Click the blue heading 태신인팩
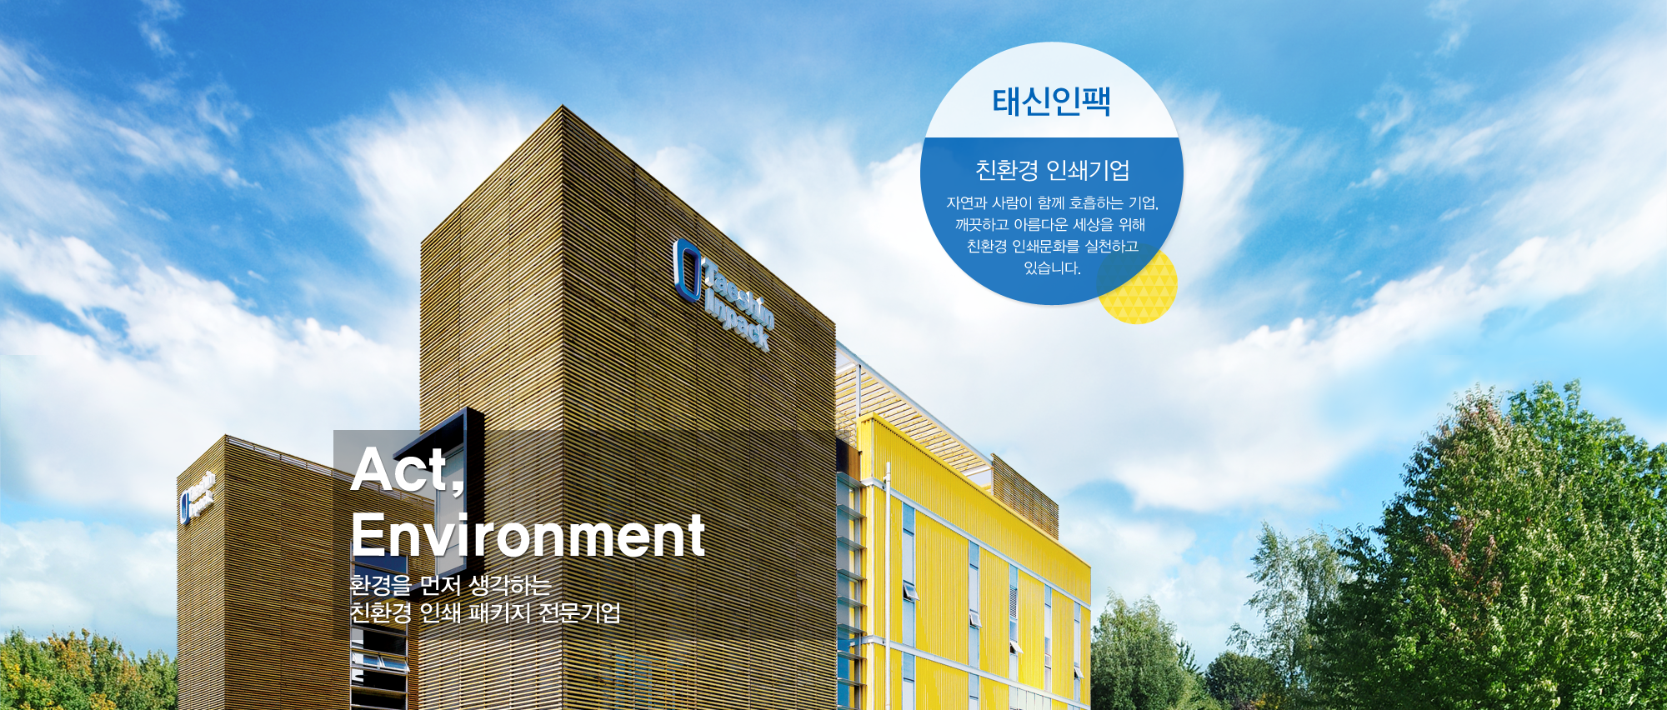tap(1051, 102)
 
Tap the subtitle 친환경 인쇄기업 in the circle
tap(1052, 170)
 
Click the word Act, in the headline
tap(408, 469)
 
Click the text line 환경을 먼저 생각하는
tap(450, 585)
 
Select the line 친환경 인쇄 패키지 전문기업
tap(485, 613)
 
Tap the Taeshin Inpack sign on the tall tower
tap(724, 295)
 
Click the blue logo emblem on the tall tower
tap(687, 270)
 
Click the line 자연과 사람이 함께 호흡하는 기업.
tap(1052, 203)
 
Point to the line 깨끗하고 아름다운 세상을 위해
tap(1050, 225)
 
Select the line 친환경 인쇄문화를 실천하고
tap(1052, 247)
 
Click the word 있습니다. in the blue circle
tap(1052, 268)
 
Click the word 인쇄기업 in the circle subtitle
tap(1088, 170)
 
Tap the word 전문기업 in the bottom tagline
tap(580, 613)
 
